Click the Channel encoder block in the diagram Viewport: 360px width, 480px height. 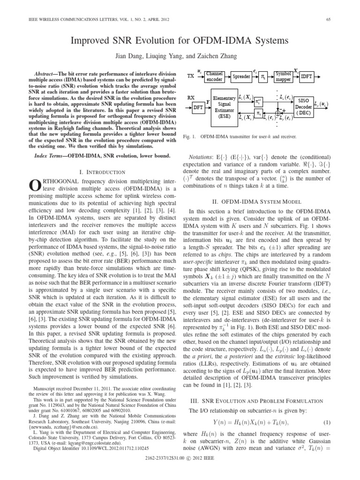pos(214,77)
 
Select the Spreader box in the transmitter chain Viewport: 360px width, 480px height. pos(241,76)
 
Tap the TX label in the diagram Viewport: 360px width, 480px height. pos(191,76)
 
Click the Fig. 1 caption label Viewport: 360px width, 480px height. pos(187,136)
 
